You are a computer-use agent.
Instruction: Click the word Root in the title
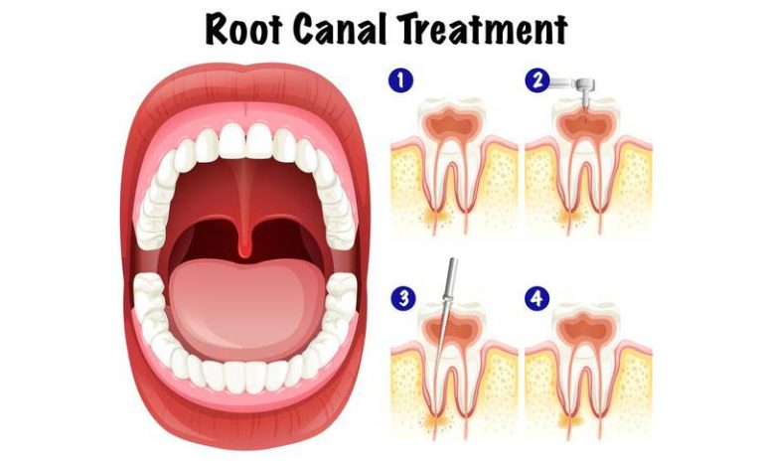[243, 29]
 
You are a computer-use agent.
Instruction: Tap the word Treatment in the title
[483, 28]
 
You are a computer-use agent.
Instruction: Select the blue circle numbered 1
[400, 79]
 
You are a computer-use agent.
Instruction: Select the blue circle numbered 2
[536, 79]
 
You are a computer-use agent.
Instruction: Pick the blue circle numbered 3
[403, 298]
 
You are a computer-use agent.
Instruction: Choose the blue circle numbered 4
[536, 298]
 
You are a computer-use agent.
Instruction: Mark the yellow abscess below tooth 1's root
[434, 218]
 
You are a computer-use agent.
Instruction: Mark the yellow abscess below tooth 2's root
[570, 218]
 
